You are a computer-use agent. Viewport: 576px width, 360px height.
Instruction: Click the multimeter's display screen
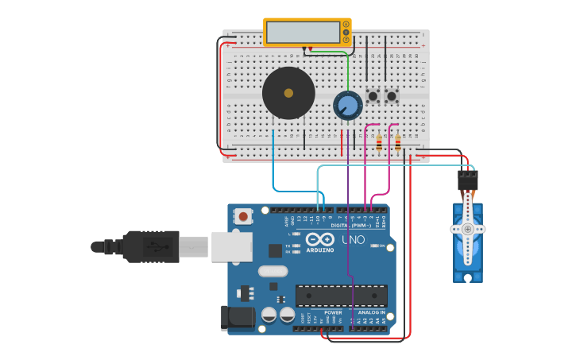pyautogui.click(x=303, y=33)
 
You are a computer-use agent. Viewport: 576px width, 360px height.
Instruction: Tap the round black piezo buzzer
pyautogui.click(x=288, y=93)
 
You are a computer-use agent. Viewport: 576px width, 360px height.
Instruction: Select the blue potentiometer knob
pyautogui.click(x=347, y=105)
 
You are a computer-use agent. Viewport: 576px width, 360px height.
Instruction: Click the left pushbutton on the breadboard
pyautogui.click(x=373, y=97)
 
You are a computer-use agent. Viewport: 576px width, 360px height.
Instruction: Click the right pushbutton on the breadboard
pyautogui.click(x=391, y=97)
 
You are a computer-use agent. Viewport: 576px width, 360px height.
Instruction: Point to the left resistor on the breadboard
pyautogui.click(x=379, y=144)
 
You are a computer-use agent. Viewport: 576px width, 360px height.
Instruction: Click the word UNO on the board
pyautogui.click(x=354, y=239)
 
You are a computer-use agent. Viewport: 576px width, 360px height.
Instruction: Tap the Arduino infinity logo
pyautogui.click(x=320, y=239)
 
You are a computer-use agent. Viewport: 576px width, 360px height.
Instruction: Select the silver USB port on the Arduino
pyautogui.click(x=232, y=246)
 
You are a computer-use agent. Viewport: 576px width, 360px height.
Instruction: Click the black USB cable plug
pyautogui.click(x=151, y=246)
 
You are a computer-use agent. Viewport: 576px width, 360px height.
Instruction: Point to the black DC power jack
pyautogui.click(x=239, y=318)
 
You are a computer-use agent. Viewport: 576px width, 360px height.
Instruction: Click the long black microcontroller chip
pyautogui.click(x=342, y=296)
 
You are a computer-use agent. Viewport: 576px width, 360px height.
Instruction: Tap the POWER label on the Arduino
pyautogui.click(x=334, y=312)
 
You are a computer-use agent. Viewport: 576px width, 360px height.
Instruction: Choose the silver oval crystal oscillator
pyautogui.click(x=273, y=271)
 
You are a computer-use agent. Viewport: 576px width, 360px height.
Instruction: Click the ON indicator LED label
pyautogui.click(x=381, y=246)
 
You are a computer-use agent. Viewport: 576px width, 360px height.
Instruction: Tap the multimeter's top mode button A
pyautogui.click(x=346, y=25)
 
